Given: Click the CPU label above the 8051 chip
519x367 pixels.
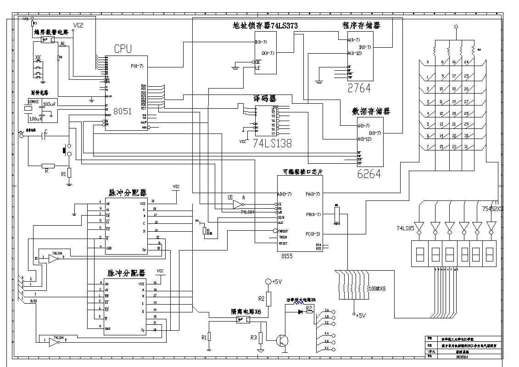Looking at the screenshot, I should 123,49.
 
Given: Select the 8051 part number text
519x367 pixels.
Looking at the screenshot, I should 123,111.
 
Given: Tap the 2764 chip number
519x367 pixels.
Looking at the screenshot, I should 359,88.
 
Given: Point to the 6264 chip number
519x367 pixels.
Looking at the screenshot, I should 368,173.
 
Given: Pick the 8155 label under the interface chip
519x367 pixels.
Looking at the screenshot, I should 287,256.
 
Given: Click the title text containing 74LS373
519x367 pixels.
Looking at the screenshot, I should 265,26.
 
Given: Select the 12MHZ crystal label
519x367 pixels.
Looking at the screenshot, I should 34,101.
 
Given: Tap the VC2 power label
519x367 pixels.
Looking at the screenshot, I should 78,26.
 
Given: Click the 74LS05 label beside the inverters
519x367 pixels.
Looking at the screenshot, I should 406,228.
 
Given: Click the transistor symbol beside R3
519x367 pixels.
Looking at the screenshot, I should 282,340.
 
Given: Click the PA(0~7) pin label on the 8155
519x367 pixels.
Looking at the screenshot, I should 313,194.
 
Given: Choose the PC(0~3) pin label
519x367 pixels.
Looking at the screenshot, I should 313,234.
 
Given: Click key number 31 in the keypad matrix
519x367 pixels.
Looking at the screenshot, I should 466,147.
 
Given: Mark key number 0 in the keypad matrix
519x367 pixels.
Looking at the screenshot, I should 428,62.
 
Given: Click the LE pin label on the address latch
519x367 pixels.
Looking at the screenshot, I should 258,68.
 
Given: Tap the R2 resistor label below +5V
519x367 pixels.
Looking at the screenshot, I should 262,299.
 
